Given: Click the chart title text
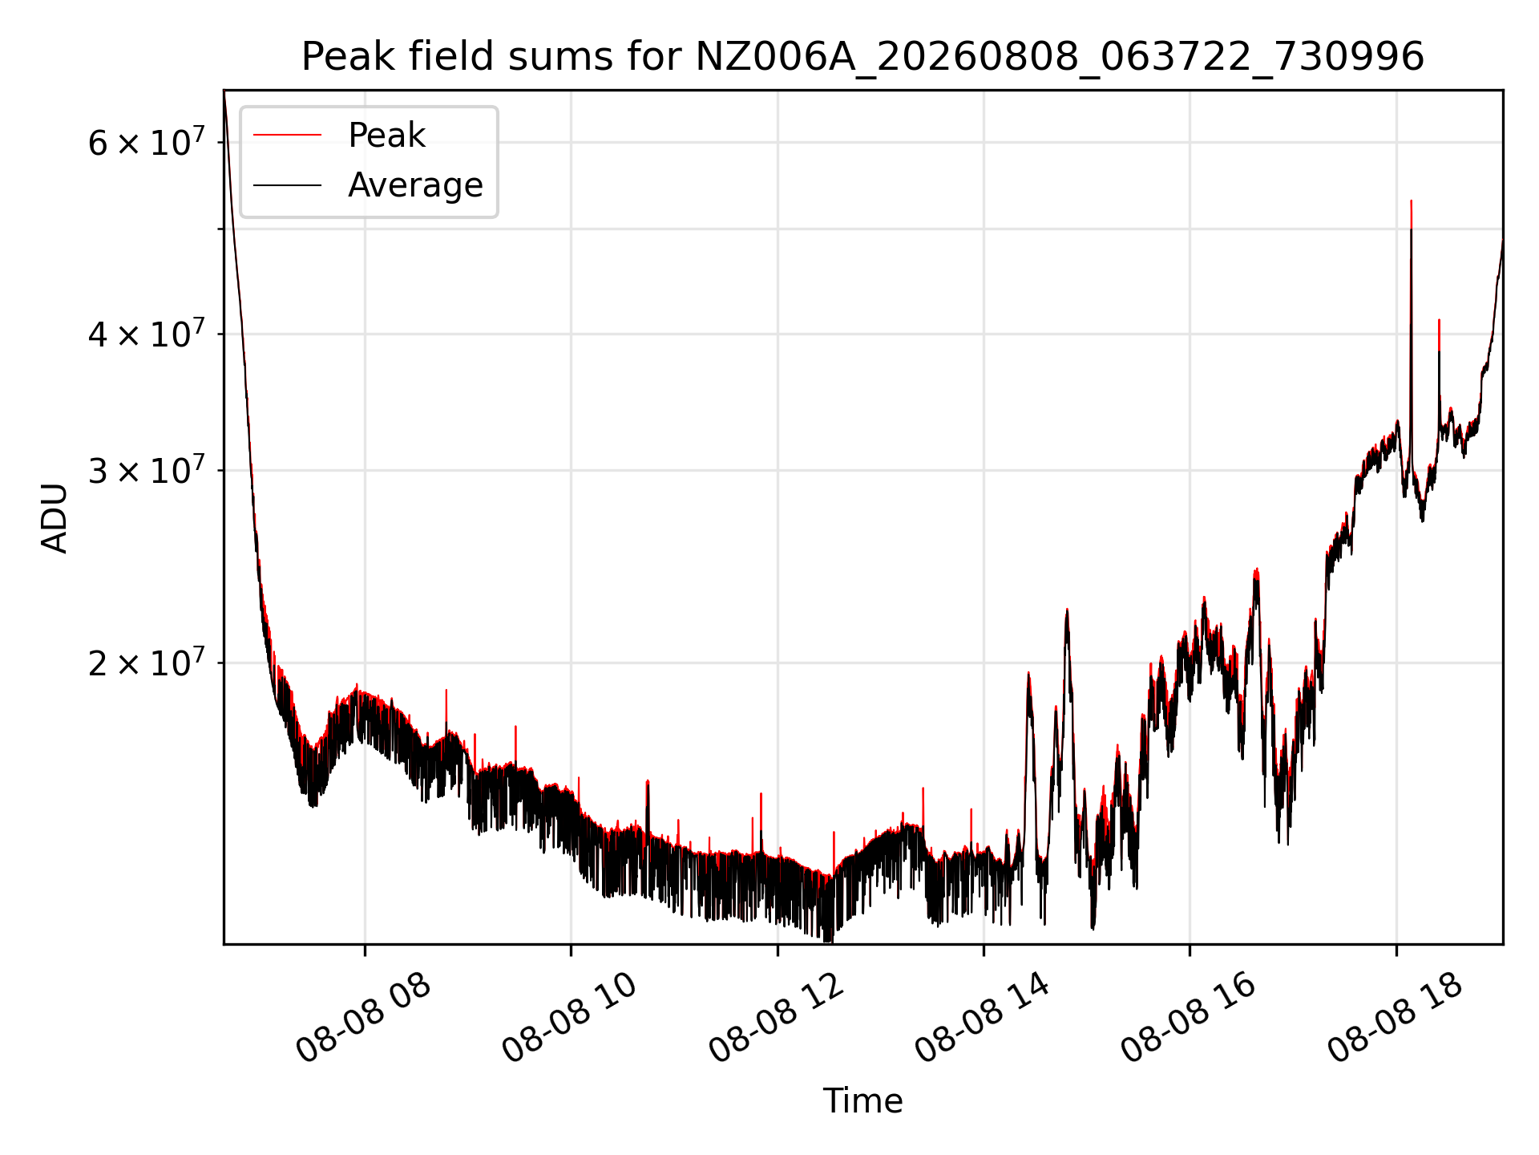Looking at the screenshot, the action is [862, 57].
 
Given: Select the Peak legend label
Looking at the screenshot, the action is [386, 136].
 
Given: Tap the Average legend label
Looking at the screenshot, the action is [415, 185].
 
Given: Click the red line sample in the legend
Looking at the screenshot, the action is [287, 136].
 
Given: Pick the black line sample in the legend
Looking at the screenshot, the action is [287, 185].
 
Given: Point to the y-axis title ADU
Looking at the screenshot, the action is [55, 517].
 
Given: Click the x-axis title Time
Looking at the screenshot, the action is [862, 1101].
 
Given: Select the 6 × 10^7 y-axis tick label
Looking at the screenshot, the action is [147, 142].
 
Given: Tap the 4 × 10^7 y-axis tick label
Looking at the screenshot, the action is [147, 333].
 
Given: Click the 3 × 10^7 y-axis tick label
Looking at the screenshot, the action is [147, 469].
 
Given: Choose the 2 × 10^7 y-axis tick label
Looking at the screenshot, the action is [147, 662].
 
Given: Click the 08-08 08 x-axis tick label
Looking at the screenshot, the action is [364, 1019].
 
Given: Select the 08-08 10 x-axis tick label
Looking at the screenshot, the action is [570, 1019].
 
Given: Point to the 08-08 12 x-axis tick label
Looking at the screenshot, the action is [777, 1019].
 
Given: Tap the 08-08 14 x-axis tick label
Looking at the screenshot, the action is [983, 1019].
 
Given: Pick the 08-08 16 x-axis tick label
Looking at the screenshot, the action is [1189, 1019].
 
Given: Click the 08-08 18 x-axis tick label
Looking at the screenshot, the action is [1396, 1019].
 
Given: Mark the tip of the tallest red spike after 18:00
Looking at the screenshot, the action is [1411, 201].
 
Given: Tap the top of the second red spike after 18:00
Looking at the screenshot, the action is [1439, 320].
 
